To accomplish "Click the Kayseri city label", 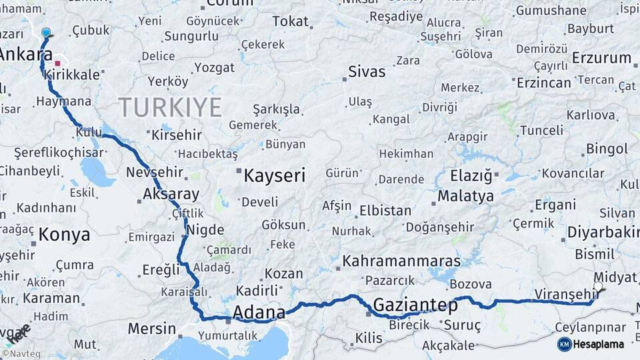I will pos(274,176).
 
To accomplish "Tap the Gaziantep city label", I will pos(415,305).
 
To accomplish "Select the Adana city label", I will pos(259,312).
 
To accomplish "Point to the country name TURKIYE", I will pos(170,107).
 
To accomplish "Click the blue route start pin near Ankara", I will pos(45,32).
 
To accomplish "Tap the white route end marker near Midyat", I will pos(597,287).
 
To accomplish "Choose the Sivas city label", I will pos(367,71).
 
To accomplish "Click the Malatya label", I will pos(466,196).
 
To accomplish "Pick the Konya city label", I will pos(64,234).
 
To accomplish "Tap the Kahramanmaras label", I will pos(401,260).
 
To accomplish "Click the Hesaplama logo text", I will pos(599,344).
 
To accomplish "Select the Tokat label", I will pos(290,21).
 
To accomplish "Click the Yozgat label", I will pos(214,67).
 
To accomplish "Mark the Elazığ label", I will pos(471,176).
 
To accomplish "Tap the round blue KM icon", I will pos(564,344).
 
